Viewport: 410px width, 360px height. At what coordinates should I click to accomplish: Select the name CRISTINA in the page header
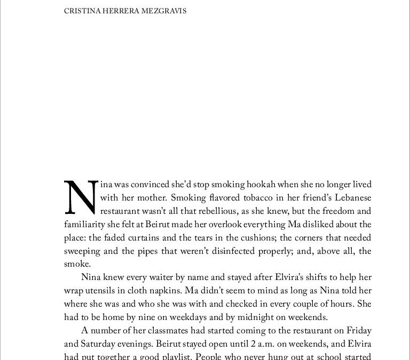click(81, 11)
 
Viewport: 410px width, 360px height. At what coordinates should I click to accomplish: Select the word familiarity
click(85, 224)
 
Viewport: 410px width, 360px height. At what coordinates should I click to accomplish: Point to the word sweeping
click(82, 251)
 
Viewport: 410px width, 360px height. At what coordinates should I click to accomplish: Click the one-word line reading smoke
click(76, 264)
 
